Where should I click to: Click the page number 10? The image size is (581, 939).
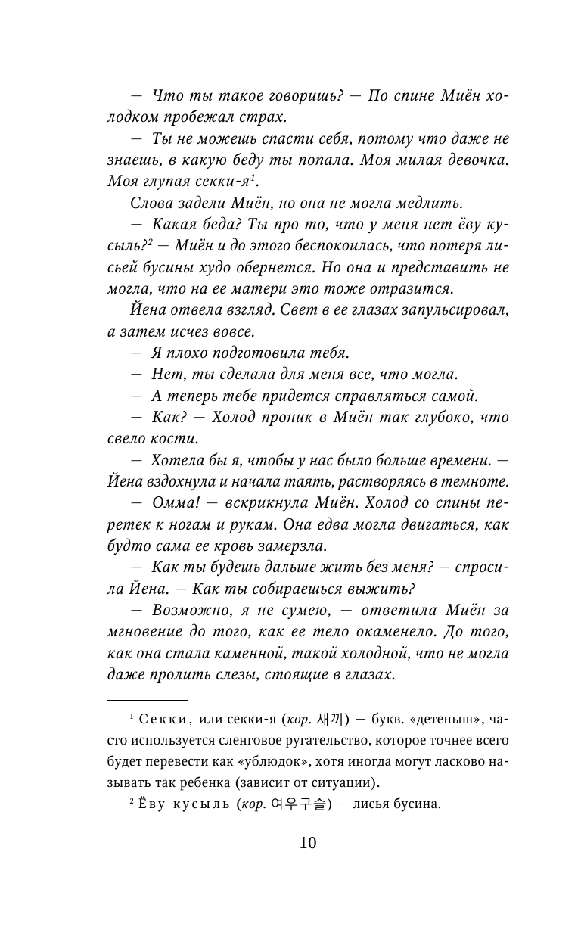[x=308, y=843]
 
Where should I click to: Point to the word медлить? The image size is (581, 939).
[x=428, y=203]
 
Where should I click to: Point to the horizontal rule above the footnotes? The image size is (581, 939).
[x=147, y=700]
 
